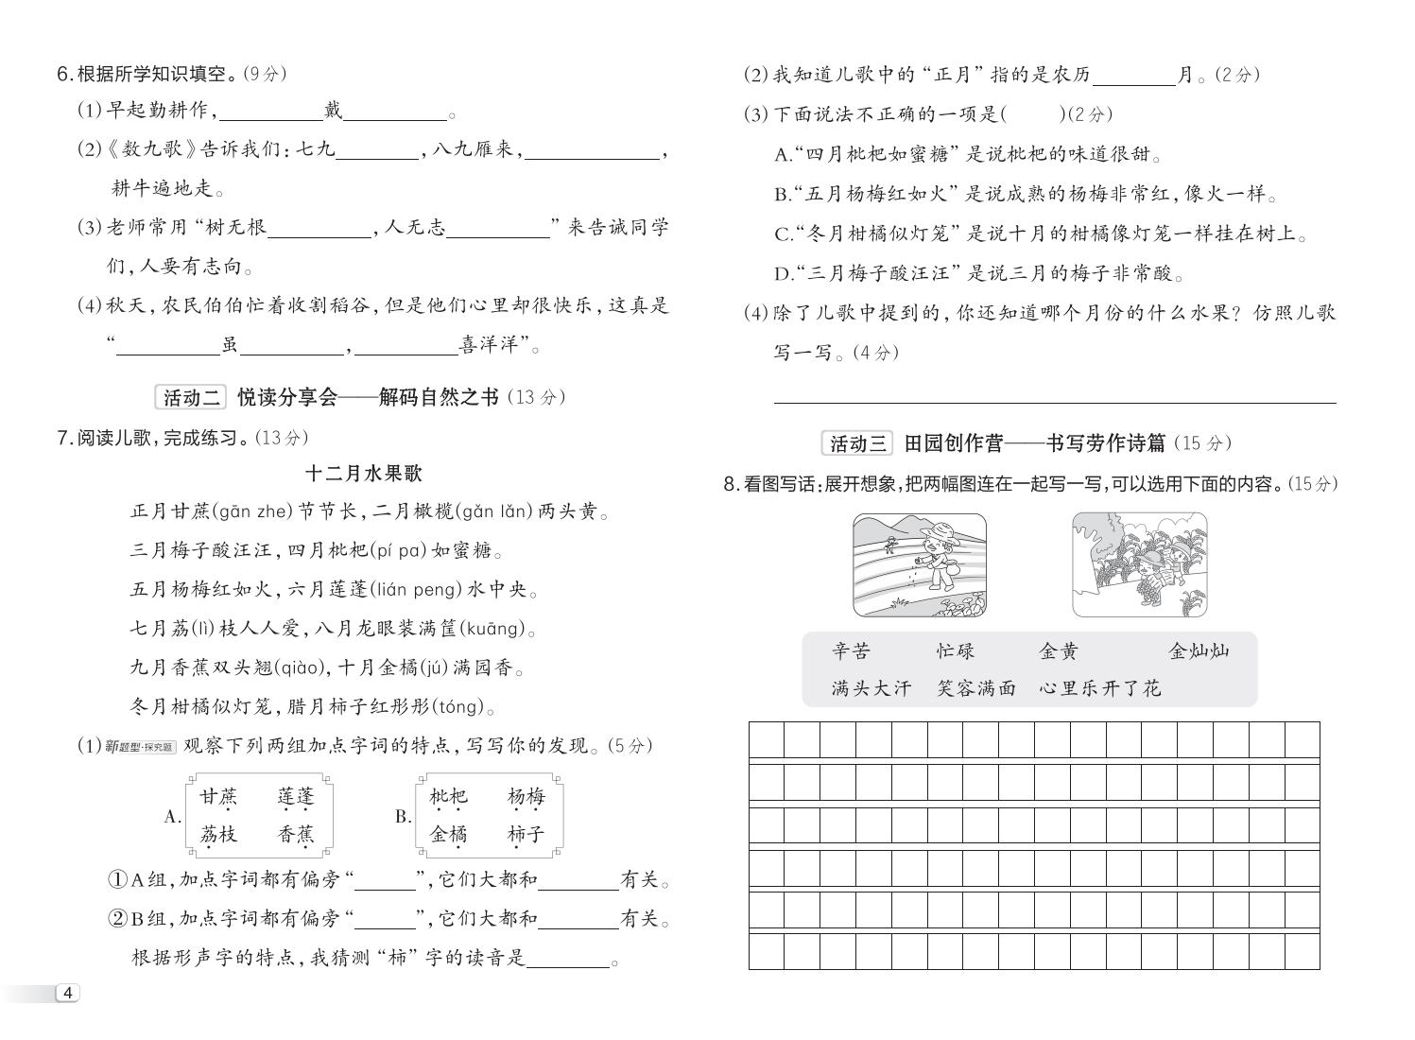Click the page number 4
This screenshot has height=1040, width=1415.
pos(68,993)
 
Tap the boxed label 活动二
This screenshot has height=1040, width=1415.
pos(191,397)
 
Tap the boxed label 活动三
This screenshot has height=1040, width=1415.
pos(857,442)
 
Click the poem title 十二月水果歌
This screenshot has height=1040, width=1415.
pos(364,474)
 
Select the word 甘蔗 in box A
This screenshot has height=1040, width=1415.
pos(218,797)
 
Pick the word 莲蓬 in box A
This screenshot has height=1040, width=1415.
pos(295,797)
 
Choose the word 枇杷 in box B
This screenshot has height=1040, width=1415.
pos(448,797)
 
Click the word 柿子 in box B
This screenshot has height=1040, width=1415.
pos(526,835)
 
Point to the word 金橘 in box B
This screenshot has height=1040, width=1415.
pos(448,835)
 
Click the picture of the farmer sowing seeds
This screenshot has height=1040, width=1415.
pos(919,565)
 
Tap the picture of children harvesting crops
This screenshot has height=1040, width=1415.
pos(1139,565)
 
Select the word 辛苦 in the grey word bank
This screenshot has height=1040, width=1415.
pos(851,651)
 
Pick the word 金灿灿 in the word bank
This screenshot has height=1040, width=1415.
pos(1199,651)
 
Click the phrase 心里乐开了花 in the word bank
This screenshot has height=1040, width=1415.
pos(1099,688)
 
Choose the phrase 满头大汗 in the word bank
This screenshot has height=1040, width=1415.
pos(871,688)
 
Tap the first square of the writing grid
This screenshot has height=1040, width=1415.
pos(767,739)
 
